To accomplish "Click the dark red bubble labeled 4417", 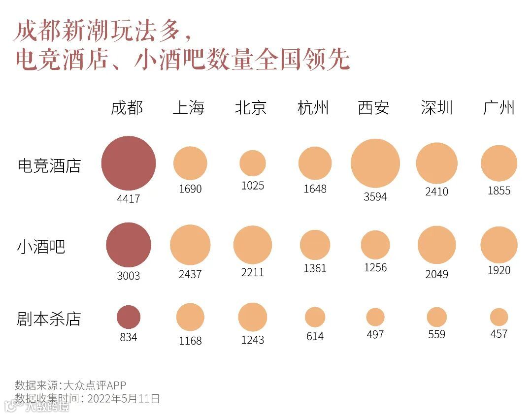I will point(129,163).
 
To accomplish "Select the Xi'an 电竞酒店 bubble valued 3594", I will point(375,163).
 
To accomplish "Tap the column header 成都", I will point(127,107).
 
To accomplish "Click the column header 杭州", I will point(313,107).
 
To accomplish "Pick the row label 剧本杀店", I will point(49,319).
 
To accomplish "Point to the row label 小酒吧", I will point(41,246).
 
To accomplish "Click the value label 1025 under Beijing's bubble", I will point(253,186).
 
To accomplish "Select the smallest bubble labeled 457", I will point(499,317).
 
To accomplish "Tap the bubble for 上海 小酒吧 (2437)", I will point(190,245).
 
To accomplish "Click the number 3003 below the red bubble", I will point(129,276).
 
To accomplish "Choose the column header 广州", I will point(499,107).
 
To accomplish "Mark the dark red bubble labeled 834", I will point(129,317).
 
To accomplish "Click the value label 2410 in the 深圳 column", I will point(437,191).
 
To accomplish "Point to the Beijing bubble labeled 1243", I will point(253,317).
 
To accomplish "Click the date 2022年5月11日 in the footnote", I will point(124,398).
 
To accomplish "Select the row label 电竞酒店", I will point(49,165).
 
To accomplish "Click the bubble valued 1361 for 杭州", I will point(315,245).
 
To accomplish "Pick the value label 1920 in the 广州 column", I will point(499,270).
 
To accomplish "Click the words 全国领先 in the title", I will point(302,60).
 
